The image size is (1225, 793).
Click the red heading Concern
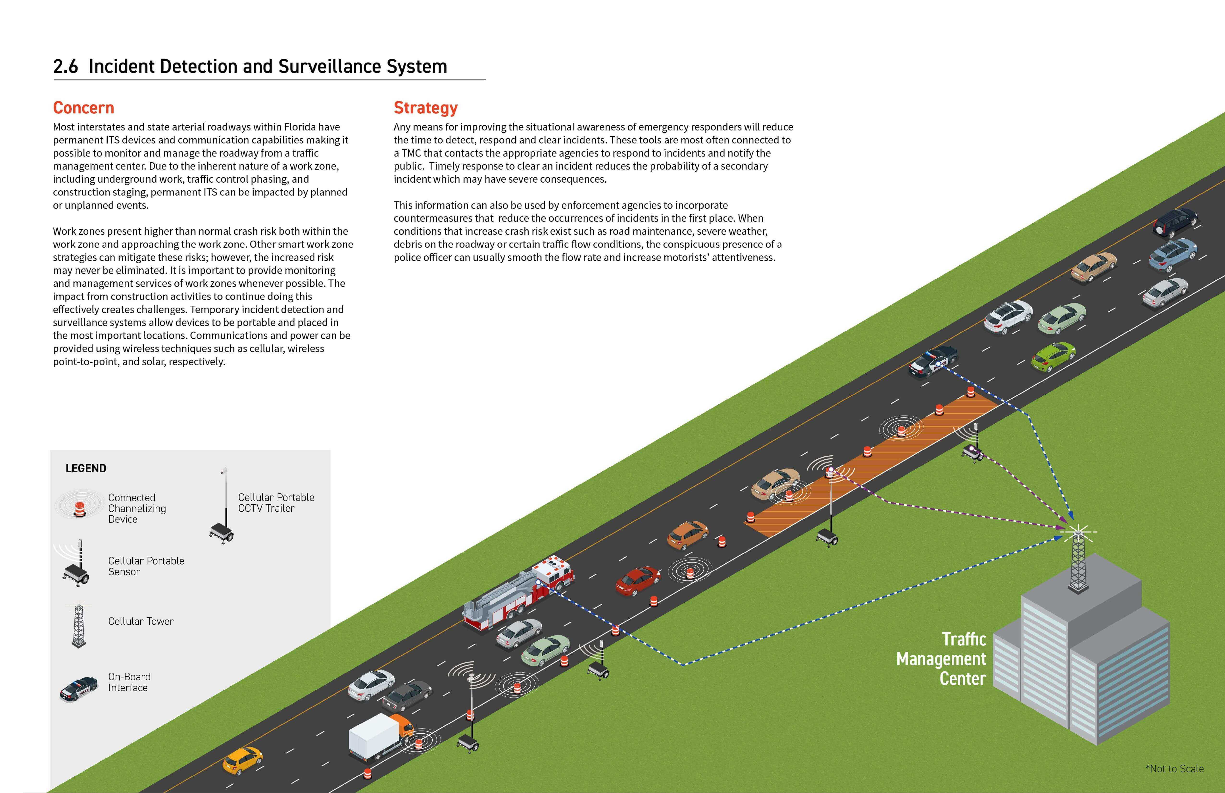pos(83,108)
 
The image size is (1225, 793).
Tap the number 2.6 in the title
pos(65,66)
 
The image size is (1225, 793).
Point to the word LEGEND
pos(86,468)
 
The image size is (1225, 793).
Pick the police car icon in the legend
pos(78,689)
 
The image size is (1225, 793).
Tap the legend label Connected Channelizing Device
pos(137,508)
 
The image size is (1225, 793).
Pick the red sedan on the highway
pos(637,581)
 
